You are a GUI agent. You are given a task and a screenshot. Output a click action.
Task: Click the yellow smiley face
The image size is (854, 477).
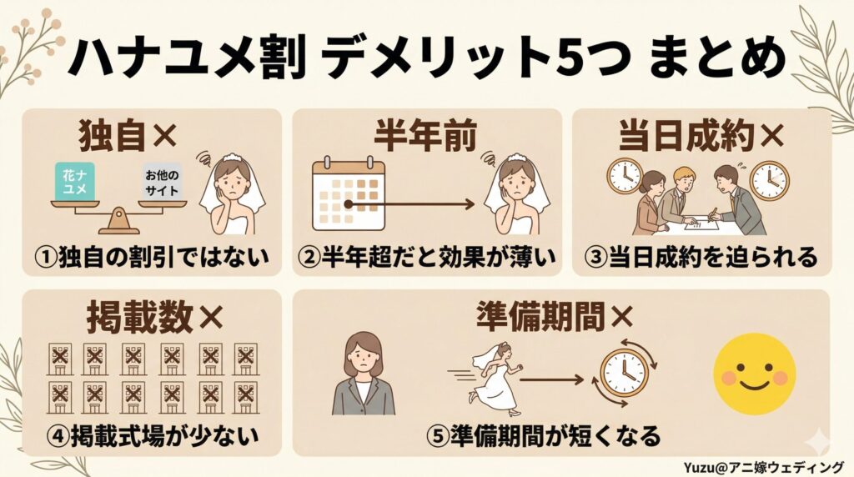(754, 374)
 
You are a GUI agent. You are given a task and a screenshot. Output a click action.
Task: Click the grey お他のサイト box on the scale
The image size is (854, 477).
(162, 183)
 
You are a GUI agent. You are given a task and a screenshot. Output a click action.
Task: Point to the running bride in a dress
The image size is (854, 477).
(493, 380)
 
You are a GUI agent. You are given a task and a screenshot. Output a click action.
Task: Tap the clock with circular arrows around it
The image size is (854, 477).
(623, 372)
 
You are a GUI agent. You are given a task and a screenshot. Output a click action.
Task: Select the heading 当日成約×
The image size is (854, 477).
(701, 136)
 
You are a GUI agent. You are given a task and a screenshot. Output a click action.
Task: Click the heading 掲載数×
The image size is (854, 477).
(154, 316)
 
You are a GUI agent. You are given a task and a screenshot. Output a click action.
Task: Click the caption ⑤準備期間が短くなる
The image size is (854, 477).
(544, 435)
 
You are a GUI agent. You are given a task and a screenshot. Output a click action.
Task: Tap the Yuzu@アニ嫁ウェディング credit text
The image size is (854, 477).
(764, 467)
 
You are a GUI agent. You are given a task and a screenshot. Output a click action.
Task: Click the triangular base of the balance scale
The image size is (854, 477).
(118, 222)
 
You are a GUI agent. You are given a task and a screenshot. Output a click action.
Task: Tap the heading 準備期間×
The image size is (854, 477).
(555, 316)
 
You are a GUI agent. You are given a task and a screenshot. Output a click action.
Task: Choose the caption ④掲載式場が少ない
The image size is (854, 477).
(153, 435)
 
